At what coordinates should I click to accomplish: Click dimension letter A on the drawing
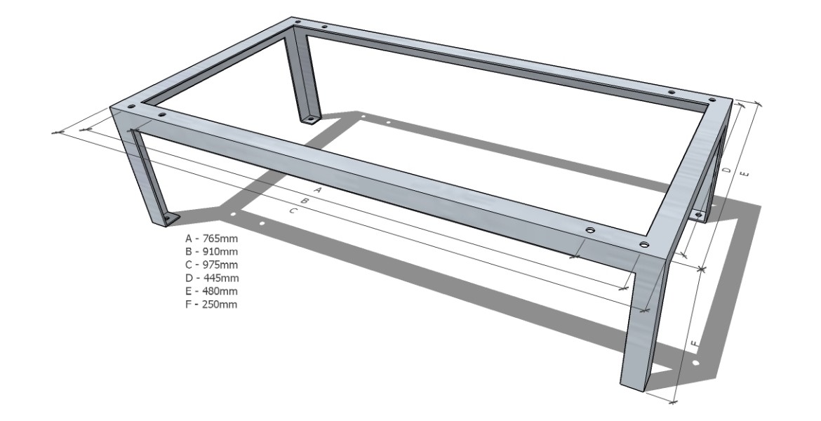pyautogui.click(x=318, y=189)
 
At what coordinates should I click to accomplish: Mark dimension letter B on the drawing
pyautogui.click(x=305, y=201)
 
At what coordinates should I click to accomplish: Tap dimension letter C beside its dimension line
pyautogui.click(x=294, y=210)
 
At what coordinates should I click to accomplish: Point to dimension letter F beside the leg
pyautogui.click(x=694, y=344)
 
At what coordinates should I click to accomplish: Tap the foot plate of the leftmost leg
pyautogui.click(x=169, y=220)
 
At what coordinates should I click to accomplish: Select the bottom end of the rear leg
pyautogui.click(x=309, y=119)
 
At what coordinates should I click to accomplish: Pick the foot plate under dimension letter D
pyautogui.click(x=699, y=214)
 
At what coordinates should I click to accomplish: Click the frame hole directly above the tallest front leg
pyautogui.click(x=644, y=244)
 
